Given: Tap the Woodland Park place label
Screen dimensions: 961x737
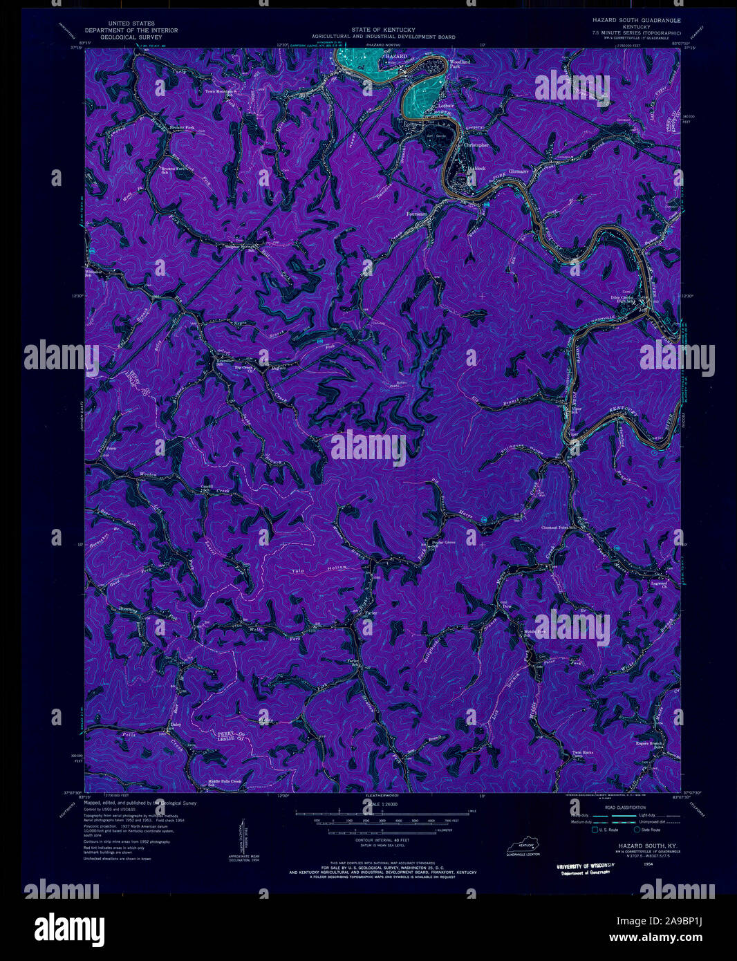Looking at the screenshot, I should (460, 64).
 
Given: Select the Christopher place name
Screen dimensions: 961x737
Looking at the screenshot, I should (476, 145).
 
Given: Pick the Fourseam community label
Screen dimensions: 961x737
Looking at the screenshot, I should (418, 214).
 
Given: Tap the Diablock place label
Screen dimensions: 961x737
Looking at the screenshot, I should (476, 168).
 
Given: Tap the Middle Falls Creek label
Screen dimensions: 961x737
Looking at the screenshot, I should (225, 782).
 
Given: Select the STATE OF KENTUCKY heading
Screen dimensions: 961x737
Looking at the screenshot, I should (383, 30).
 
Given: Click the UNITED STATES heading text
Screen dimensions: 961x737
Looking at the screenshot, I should (130, 24).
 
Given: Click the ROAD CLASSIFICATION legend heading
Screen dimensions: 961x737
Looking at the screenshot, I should (626, 808).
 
